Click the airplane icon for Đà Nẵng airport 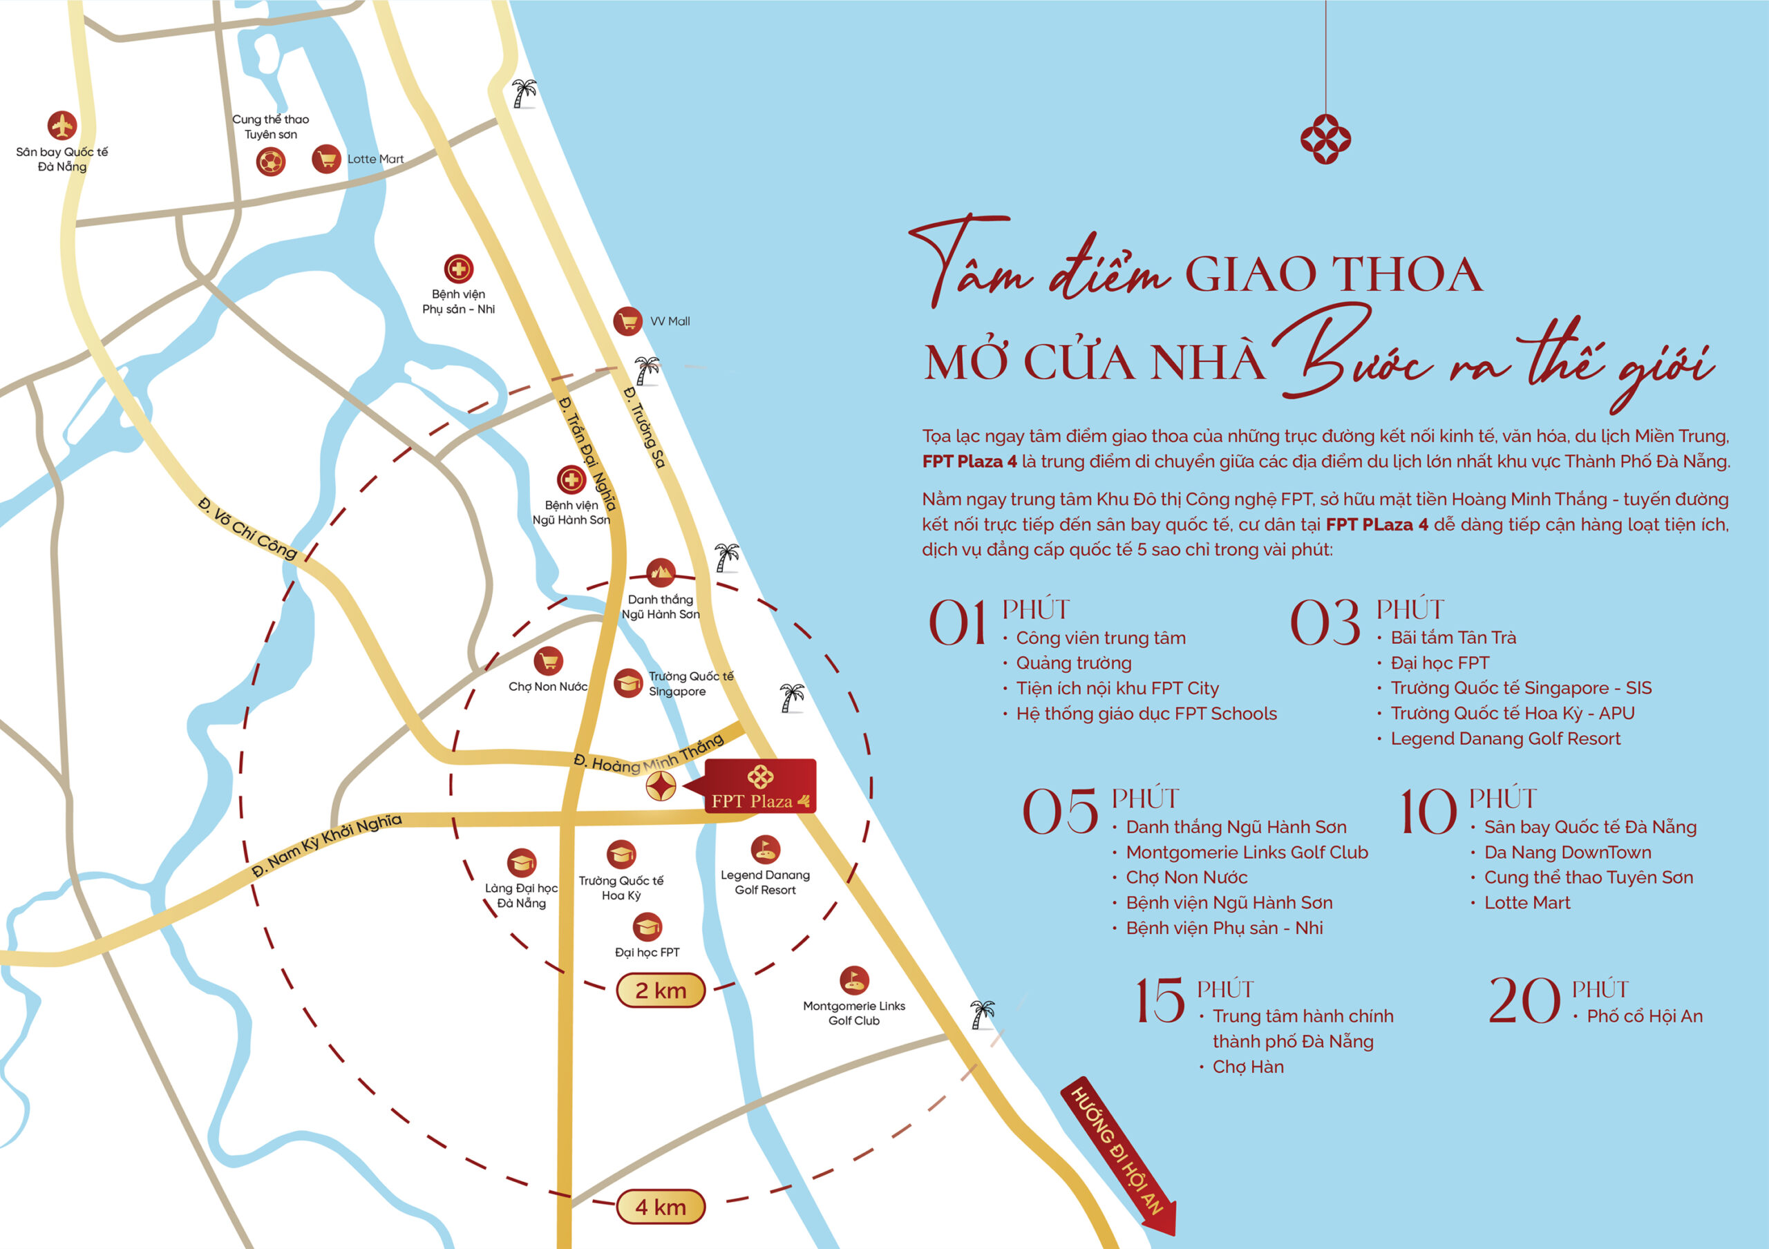pyautogui.click(x=62, y=126)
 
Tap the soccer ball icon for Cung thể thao pyautogui.click(x=270, y=162)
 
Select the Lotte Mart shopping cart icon pyautogui.click(x=326, y=160)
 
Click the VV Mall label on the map pyautogui.click(x=670, y=321)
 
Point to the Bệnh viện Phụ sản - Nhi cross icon pyautogui.click(x=458, y=269)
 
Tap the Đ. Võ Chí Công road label pyautogui.click(x=247, y=528)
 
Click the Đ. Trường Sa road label pyautogui.click(x=644, y=427)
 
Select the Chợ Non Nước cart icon pyautogui.click(x=548, y=660)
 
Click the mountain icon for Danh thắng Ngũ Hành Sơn pyautogui.click(x=661, y=572)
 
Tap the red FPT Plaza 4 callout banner pyautogui.click(x=759, y=786)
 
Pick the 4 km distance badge pyautogui.click(x=661, y=1208)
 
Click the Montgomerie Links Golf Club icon pyautogui.click(x=853, y=980)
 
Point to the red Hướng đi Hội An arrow pyautogui.click(x=1121, y=1155)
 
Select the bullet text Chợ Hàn pyautogui.click(x=1247, y=1067)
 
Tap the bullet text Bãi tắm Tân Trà pyautogui.click(x=1453, y=638)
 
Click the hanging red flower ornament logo pyautogui.click(x=1325, y=140)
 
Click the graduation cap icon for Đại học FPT pyautogui.click(x=647, y=927)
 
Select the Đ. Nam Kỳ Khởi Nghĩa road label pyautogui.click(x=327, y=846)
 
